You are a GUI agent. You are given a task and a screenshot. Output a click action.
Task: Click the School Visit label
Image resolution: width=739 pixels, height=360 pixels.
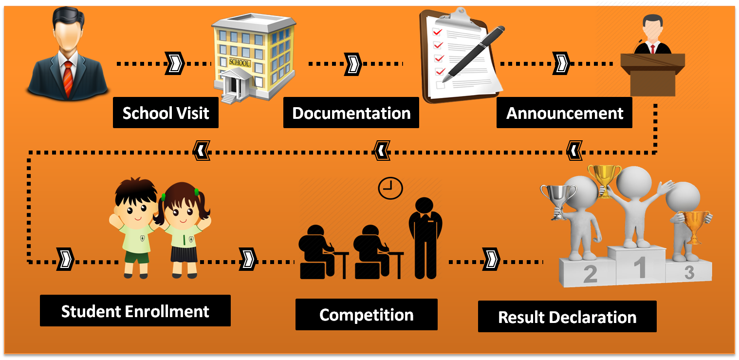click(166, 113)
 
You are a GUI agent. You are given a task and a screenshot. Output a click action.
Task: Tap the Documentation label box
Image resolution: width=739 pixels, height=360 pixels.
click(351, 113)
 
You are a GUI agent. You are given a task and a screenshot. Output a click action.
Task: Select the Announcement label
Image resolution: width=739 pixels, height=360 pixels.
click(564, 113)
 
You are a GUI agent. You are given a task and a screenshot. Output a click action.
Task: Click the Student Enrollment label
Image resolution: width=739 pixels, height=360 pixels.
click(135, 311)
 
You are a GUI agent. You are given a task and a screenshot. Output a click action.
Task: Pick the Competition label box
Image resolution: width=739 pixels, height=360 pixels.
click(366, 315)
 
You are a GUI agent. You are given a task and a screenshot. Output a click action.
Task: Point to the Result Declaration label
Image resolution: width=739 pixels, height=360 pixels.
click(567, 317)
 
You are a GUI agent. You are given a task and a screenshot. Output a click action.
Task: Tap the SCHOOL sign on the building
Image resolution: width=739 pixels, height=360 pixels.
click(240, 63)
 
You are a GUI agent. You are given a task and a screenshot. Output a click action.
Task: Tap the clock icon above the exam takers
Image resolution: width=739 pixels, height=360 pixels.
click(390, 188)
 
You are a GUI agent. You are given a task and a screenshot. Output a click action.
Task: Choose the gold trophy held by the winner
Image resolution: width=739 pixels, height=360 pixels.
click(604, 179)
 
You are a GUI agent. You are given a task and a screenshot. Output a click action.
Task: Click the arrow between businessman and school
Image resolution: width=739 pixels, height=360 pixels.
click(175, 64)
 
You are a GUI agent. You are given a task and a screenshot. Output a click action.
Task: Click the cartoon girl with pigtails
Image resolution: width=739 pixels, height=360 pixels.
click(183, 229)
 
